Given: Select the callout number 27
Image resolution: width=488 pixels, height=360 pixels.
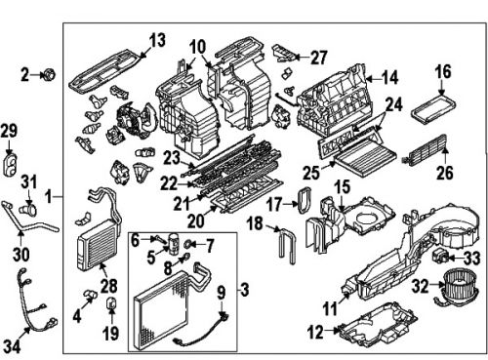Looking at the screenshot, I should (x=319, y=57).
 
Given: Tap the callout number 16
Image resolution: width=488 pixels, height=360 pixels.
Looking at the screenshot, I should (x=442, y=71).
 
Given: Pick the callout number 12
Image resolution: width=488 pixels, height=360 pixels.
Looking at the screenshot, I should (x=314, y=332).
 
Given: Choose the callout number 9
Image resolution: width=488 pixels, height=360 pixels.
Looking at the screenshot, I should (x=221, y=291).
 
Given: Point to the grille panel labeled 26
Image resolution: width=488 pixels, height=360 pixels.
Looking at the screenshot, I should (x=430, y=153).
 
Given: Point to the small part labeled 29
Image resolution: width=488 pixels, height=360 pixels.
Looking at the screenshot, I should (x=11, y=161).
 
